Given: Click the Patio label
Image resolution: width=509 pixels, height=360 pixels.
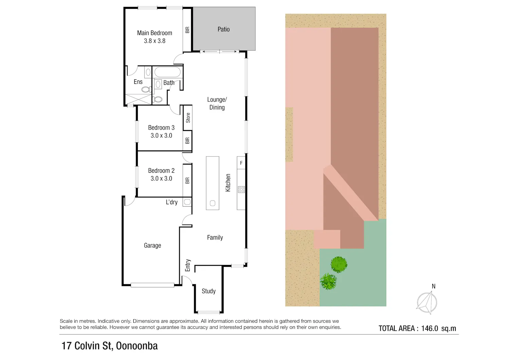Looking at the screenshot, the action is point(224,29).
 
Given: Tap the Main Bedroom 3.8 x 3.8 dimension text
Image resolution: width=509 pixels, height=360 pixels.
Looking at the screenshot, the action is point(154,41).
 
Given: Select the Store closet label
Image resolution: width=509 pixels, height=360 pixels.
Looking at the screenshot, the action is point(188,118).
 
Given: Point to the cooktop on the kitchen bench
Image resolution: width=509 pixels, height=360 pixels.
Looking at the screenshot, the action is point(241,189).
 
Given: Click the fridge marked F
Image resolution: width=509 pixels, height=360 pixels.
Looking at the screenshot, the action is point(241,163).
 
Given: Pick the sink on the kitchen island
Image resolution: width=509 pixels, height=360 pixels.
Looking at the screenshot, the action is point(212,203).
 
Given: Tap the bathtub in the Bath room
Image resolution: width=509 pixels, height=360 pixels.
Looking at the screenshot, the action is point(168,72).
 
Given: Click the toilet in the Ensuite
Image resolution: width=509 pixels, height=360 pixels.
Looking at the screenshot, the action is point(147,89).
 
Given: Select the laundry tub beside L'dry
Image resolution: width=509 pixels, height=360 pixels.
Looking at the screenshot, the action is point(187,202).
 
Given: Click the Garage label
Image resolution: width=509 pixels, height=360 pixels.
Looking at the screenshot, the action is point(152,245).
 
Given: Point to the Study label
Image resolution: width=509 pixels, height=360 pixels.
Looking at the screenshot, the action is point(209,291).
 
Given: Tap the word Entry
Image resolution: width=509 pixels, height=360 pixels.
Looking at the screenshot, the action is point(188,265).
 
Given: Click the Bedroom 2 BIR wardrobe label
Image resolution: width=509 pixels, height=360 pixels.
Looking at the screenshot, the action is point(187,181).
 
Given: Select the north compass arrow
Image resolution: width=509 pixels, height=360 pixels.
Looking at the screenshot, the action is point(427,302).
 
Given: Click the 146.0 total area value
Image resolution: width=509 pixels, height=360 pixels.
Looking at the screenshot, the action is point(430,328).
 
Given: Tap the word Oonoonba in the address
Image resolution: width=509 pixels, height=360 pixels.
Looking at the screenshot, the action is point(137,346).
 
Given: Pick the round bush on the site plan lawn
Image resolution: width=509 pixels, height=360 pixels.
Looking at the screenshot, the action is point(339,265).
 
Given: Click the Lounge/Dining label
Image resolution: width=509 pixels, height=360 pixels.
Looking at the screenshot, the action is point(217,103).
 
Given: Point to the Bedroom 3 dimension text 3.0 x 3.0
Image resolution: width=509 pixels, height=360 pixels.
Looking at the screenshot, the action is point(161,135).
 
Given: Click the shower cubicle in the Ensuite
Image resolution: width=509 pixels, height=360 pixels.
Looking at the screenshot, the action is point(138,99).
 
